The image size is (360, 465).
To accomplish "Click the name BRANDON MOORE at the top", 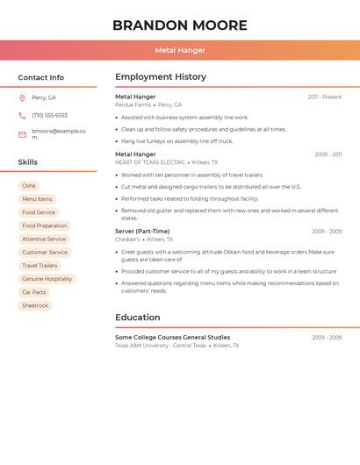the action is click(x=179, y=25).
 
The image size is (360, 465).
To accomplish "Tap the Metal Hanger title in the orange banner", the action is click(x=179, y=50).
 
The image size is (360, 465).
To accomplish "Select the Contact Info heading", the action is click(x=40, y=77).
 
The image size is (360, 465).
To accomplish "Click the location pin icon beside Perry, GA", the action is click(x=22, y=98).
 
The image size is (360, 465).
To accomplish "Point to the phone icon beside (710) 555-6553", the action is click(x=22, y=116).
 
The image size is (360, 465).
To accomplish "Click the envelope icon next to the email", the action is click(x=22, y=134).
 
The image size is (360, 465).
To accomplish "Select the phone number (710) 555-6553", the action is click(x=49, y=116).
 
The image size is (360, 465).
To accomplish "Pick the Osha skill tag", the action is click(x=29, y=186).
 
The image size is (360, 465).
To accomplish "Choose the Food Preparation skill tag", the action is click(x=44, y=225).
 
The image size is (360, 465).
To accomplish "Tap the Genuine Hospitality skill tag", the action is click(x=47, y=279).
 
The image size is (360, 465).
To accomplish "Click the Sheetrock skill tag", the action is click(x=35, y=305).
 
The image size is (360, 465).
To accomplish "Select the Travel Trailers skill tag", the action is click(x=40, y=266).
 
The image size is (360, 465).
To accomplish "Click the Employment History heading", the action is click(x=161, y=77).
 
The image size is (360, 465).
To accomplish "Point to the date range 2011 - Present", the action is click(x=324, y=97).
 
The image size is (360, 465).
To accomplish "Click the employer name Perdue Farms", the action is click(x=133, y=105).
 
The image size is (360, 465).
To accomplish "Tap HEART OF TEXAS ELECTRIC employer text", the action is click(x=150, y=162).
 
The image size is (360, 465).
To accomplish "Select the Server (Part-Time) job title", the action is click(x=142, y=232).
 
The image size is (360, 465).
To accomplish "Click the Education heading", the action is click(x=138, y=318).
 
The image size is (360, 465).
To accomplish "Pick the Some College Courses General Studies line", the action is click(x=172, y=337).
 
